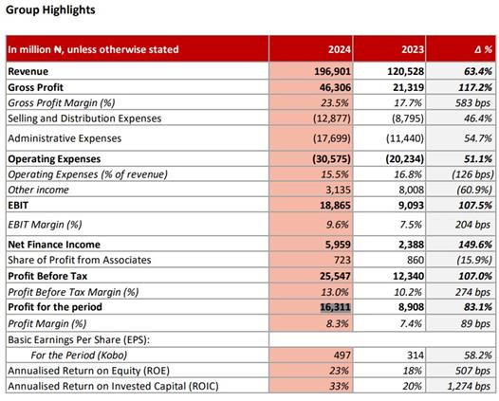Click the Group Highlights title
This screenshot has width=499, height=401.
point(50,10)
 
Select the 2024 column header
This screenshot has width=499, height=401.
point(340,49)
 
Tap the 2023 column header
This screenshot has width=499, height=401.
point(413,49)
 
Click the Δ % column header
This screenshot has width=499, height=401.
point(484,49)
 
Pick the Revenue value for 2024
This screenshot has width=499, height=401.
point(332,71)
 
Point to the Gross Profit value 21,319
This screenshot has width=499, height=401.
point(408,87)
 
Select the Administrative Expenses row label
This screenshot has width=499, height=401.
point(65,138)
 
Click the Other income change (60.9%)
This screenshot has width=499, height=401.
point(474,190)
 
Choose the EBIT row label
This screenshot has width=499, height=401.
point(18,206)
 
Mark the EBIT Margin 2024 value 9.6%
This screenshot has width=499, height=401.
point(338,225)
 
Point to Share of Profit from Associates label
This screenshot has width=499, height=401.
point(80,260)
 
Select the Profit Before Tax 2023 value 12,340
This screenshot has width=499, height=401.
point(408,276)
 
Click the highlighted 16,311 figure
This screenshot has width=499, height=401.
point(335,307)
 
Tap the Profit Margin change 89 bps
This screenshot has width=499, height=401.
point(475,323)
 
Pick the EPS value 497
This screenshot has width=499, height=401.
point(342,355)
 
